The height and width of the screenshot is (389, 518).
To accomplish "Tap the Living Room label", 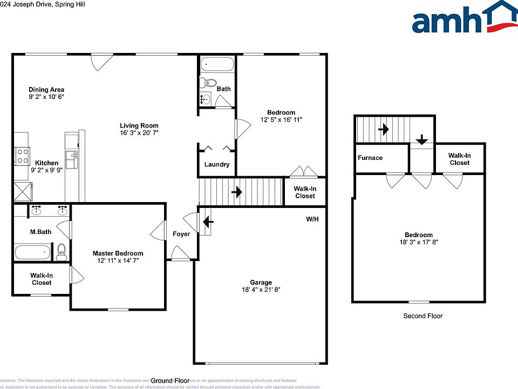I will (x=139, y=125).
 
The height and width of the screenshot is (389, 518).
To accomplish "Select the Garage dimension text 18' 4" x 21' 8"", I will (x=261, y=290).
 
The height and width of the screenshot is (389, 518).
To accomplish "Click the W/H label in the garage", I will (x=312, y=219).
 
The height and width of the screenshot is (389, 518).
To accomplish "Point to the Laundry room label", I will (x=217, y=165).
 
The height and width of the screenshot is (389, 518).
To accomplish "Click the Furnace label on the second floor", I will (x=370, y=158).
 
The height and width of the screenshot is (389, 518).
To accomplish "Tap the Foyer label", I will (x=181, y=234).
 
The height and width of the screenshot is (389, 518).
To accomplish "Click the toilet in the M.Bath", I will (x=61, y=252).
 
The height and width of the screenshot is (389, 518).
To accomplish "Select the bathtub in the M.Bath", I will (x=32, y=252).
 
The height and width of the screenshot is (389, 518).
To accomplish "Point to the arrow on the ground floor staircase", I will (x=236, y=192).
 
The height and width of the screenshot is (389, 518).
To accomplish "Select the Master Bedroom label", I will (x=118, y=253).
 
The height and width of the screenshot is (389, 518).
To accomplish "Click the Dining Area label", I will (x=46, y=90).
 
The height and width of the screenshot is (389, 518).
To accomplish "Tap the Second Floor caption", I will (x=422, y=316).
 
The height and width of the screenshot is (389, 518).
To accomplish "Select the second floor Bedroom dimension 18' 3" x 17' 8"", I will (x=419, y=243).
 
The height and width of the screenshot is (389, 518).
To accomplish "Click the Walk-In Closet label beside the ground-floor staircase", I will (x=305, y=192).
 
